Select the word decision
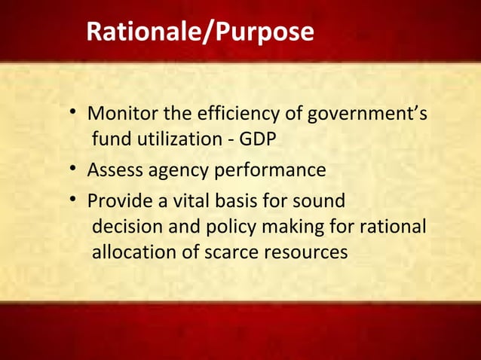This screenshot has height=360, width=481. point(122,227)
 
